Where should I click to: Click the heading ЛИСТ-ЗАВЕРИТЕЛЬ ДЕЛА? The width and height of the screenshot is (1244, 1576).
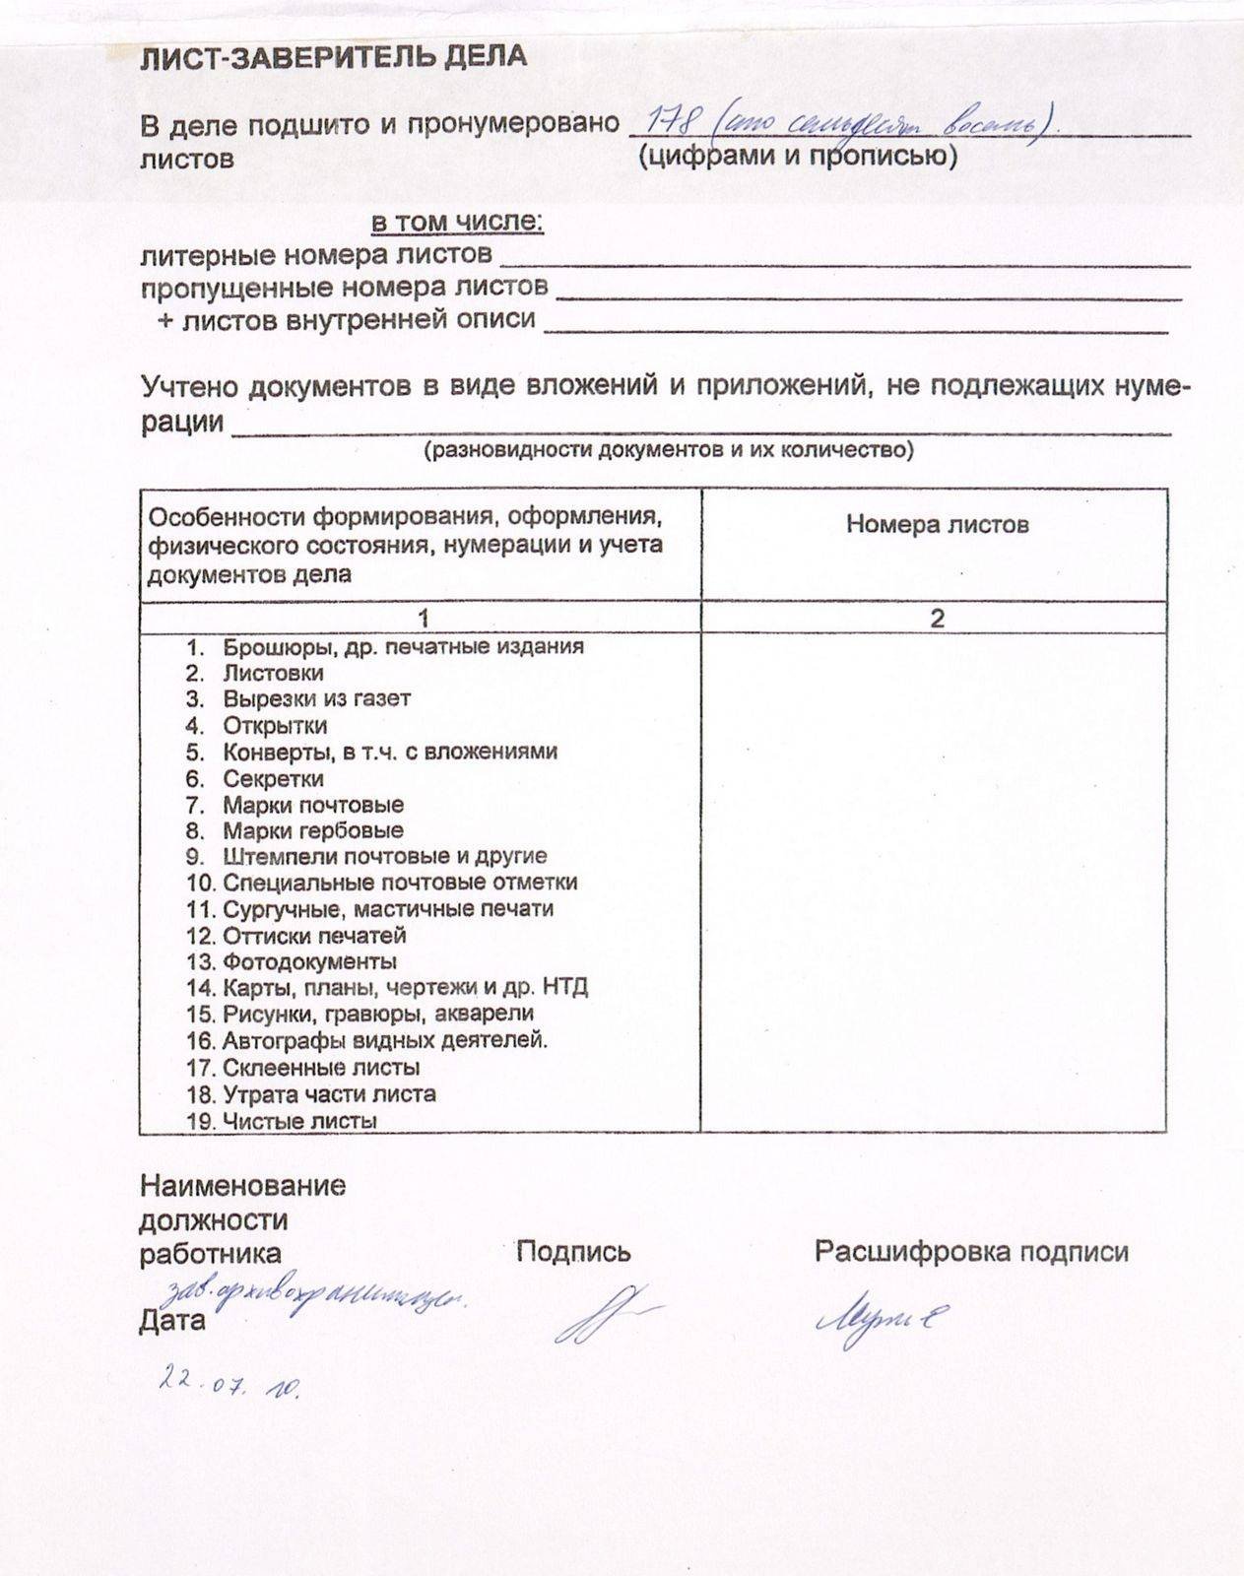(333, 57)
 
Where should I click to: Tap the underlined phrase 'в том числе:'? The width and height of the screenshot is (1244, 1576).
(457, 223)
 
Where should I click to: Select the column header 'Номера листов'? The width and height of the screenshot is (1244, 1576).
(937, 524)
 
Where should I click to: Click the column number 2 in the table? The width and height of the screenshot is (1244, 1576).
(937, 618)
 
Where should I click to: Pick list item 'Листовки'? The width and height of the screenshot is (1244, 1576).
(273, 674)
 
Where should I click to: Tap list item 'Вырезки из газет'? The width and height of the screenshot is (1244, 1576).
(316, 699)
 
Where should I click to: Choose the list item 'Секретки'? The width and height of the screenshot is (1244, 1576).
(273, 778)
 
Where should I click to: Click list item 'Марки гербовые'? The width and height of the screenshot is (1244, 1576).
(312, 830)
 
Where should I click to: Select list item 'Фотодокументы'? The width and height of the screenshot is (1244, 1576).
(309, 961)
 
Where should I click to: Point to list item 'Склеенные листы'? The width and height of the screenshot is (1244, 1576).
(321, 1067)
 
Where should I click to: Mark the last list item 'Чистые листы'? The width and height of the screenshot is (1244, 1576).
(299, 1120)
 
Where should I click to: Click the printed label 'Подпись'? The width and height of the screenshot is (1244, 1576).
(573, 1252)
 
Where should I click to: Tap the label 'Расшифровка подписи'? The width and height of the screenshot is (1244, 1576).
(971, 1252)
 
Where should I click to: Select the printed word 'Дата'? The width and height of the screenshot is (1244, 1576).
(172, 1321)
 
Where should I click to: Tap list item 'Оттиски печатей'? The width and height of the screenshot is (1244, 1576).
(314, 936)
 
